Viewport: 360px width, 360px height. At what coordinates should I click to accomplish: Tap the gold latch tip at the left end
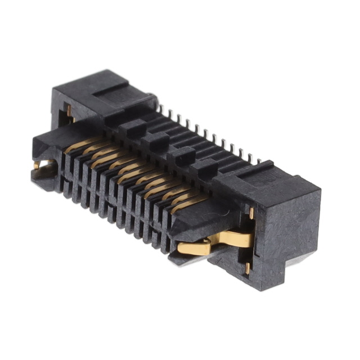click(x=39, y=165)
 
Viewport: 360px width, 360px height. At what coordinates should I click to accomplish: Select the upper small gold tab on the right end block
click(x=251, y=213)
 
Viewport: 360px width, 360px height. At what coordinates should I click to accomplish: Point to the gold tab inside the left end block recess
click(x=69, y=112)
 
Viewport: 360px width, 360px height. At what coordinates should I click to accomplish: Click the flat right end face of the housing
click(x=287, y=236)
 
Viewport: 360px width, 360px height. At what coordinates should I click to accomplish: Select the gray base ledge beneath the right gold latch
click(x=191, y=259)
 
